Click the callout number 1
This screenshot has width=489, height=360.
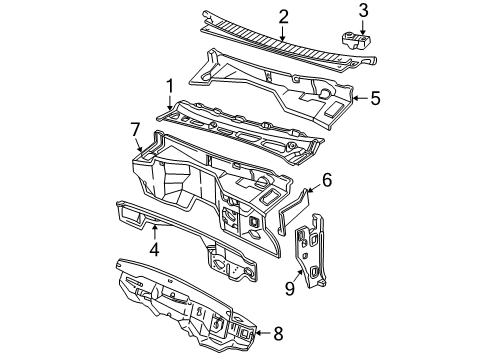tap(170, 86)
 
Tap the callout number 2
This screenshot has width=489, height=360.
tap(283, 17)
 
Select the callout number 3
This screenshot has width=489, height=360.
tap(363, 10)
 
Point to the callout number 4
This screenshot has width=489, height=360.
tap(154, 249)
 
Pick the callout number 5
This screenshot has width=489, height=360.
tap(375, 98)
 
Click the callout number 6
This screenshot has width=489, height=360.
tap(327, 180)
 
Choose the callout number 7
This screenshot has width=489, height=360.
tap(135, 129)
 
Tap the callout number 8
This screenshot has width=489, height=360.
tap(278, 333)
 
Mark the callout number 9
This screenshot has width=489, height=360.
tap(290, 289)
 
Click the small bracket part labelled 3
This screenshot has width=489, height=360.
tap(357, 41)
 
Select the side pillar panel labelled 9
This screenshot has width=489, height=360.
tap(310, 251)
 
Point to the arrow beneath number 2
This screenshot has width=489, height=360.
tap(283, 34)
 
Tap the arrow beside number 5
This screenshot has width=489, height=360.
tap(360, 98)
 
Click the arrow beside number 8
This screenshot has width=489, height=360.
tap(263, 333)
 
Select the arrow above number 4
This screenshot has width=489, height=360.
tap(155, 232)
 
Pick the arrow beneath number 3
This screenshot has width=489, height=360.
tap(363, 28)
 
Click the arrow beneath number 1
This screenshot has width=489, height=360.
tap(170, 102)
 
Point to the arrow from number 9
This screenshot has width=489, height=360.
tap(299, 276)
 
